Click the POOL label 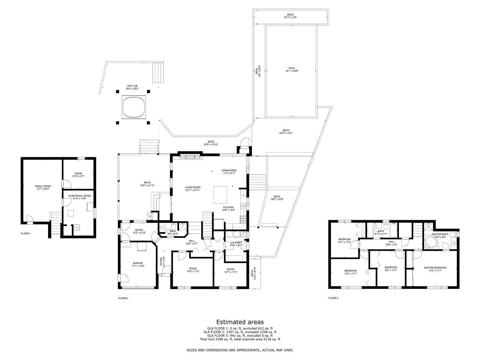[x=292, y=68]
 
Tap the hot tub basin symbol [x=134, y=107]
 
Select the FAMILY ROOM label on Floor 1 [x=43, y=186]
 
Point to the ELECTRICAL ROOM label [x=80, y=196]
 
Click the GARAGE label [x=138, y=263]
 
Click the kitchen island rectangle [x=220, y=195]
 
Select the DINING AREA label [x=229, y=170]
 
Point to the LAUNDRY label [x=236, y=242]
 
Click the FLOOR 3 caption [x=333, y=298]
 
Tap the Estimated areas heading [x=240, y=322]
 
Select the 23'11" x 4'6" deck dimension [x=290, y=17]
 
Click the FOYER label [x=161, y=261]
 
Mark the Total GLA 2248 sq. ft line [x=240, y=339]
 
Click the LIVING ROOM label [x=192, y=187]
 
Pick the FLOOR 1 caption [x=26, y=233]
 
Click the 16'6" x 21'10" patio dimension [x=147, y=185]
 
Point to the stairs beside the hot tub [x=158, y=72]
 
